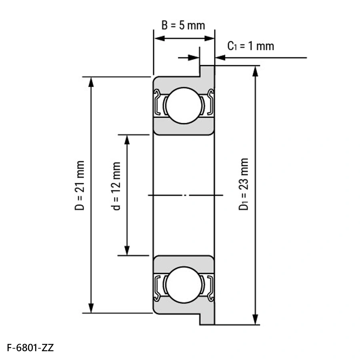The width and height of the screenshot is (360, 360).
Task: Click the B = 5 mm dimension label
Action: [x=183, y=25]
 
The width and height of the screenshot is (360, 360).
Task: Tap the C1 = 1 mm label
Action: [x=250, y=46]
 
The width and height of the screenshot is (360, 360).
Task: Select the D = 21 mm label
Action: [x=80, y=186]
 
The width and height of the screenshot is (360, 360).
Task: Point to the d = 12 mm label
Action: [x=116, y=186]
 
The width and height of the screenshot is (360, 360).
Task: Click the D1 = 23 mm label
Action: [x=244, y=184]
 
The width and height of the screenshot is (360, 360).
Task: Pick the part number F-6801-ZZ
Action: [x=30, y=348]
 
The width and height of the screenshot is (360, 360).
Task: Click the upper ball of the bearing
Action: [x=184, y=106]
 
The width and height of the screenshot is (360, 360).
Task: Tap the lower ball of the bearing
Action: [x=184, y=285]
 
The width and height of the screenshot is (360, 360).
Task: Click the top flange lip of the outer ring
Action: [x=207, y=71]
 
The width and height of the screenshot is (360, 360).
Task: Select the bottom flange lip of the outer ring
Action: [x=207, y=319]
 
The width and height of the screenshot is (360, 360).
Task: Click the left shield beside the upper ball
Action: [x=157, y=102]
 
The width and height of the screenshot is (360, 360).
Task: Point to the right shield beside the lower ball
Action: [x=210, y=288]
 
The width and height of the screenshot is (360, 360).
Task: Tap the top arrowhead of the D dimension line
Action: [x=91, y=82]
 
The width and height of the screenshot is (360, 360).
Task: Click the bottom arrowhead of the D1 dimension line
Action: [x=255, y=319]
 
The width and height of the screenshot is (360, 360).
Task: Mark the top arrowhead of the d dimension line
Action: [x=127, y=140]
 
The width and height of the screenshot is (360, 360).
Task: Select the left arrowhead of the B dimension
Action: [x=159, y=38]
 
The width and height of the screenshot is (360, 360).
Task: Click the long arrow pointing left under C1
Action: [x=261, y=58]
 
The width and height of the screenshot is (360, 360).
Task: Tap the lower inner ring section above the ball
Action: [x=184, y=264]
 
